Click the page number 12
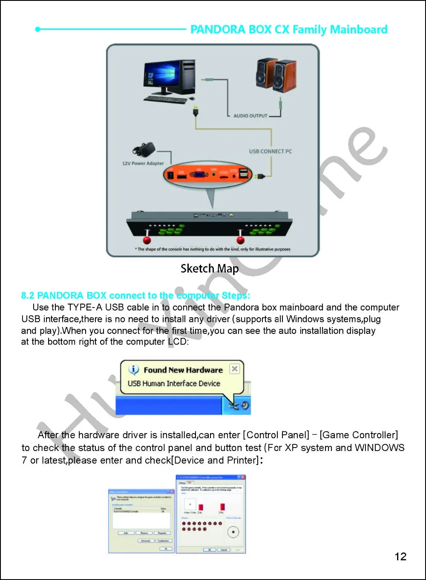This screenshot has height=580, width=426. point(400,556)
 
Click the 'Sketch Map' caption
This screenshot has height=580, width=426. point(209,269)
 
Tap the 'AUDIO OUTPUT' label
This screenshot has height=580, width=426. point(250,115)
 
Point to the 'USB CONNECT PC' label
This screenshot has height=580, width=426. point(271,151)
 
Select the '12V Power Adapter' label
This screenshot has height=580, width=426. point(143,163)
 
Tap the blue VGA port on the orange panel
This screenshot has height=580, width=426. point(197,175)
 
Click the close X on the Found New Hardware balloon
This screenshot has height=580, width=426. point(234,369)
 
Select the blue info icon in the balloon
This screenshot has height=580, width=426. point(134,370)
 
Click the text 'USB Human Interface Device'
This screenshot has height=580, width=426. point(174,383)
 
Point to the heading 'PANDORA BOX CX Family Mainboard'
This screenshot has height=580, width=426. point(288,29)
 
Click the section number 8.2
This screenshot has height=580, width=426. point(28,296)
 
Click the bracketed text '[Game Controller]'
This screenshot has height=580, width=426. point(359,435)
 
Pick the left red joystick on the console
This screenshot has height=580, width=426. point(147,239)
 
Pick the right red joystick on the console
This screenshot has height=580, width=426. point(240,239)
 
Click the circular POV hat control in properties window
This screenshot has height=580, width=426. point(233,532)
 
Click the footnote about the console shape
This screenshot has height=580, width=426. point(213,249)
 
